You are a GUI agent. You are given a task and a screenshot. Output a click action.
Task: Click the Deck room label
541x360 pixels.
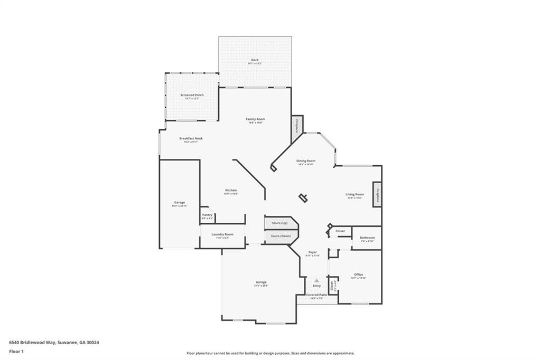click(255, 60)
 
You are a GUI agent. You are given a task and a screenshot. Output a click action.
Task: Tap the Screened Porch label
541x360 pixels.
click(192, 95)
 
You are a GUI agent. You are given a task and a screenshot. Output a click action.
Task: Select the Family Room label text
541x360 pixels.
click(255, 119)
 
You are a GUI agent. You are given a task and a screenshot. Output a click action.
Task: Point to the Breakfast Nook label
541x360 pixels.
click(191, 138)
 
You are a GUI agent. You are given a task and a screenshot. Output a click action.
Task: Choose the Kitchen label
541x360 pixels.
click(231, 190)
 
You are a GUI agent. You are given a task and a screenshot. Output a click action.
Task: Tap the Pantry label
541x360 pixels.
click(207, 215)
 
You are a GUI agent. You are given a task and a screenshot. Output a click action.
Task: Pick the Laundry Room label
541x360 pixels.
click(222, 234)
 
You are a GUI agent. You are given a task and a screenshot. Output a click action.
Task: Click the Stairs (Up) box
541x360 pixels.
click(280, 223)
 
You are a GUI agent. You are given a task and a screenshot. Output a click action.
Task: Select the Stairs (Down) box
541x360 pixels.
click(281, 236)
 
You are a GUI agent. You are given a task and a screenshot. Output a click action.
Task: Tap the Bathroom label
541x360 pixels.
click(367, 238)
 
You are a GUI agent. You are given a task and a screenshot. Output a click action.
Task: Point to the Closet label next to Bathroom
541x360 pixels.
click(340, 231)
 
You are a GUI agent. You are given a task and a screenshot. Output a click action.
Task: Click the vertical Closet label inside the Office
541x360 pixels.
click(332, 286)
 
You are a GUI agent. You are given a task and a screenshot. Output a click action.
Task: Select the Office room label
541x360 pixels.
click(358, 274)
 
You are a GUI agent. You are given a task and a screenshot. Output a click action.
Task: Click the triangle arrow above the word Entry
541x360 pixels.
click(316, 280)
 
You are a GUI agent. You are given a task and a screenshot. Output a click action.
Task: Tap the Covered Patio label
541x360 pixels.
click(316, 295)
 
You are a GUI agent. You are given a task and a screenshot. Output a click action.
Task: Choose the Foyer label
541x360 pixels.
click(312, 253)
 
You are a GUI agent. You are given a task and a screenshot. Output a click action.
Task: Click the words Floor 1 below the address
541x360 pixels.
click(16, 351)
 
